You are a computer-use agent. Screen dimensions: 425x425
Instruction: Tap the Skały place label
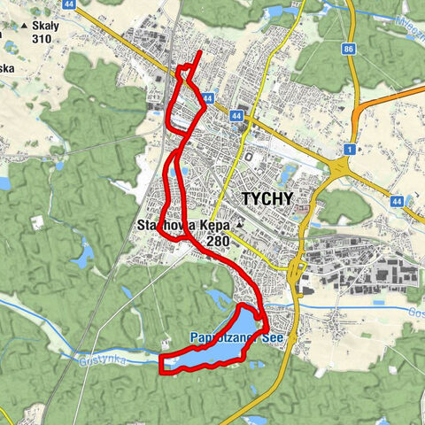point(45,26)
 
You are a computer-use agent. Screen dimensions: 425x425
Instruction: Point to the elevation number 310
point(41,39)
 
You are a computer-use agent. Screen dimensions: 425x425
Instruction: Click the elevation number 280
point(216,241)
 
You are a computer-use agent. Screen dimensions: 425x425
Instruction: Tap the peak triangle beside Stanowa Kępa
point(239,227)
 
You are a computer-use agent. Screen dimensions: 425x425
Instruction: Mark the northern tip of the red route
point(200,53)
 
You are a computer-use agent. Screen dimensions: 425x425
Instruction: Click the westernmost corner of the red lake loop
point(160,363)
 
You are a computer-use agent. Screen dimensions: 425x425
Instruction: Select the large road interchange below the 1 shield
point(340,167)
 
